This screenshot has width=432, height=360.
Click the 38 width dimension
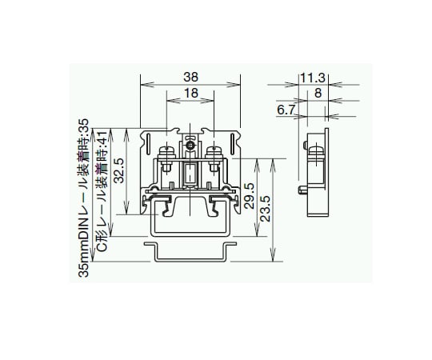coord(190,78)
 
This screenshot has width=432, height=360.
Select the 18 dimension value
coord(190,94)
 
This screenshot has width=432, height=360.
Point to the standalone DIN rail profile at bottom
coord(190,251)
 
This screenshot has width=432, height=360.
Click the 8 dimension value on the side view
coord(318,93)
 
